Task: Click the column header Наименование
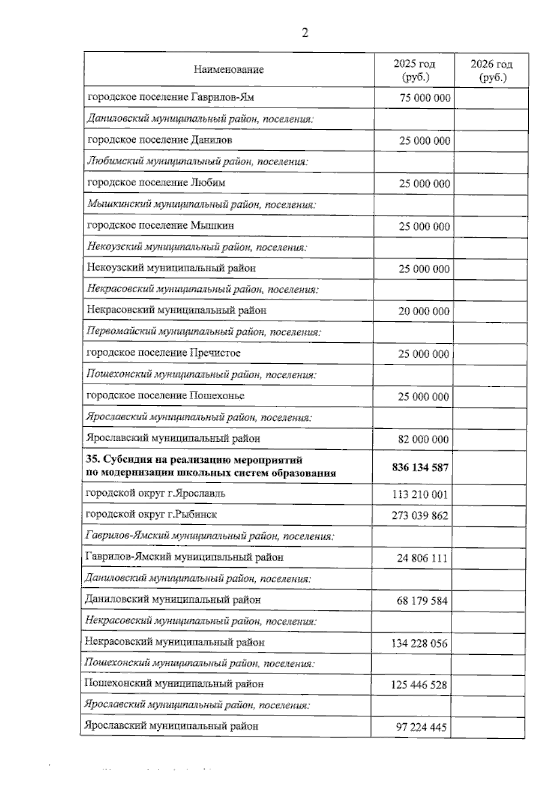[229, 70]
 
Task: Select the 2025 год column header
[414, 70]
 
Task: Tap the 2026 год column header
[491, 70]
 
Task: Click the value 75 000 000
[425, 98]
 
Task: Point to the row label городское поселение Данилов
[160, 140]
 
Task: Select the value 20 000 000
[424, 311]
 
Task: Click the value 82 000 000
[424, 439]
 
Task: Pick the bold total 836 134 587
[420, 467]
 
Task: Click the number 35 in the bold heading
[91, 460]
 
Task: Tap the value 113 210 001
[420, 494]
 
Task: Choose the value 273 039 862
[420, 516]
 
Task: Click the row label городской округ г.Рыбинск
[151, 514]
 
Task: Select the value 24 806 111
[422, 558]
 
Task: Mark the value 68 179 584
[422, 601]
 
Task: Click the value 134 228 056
[419, 644]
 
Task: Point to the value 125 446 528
[419, 685]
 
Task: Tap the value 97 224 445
[421, 727]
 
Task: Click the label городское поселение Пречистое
[163, 353]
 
